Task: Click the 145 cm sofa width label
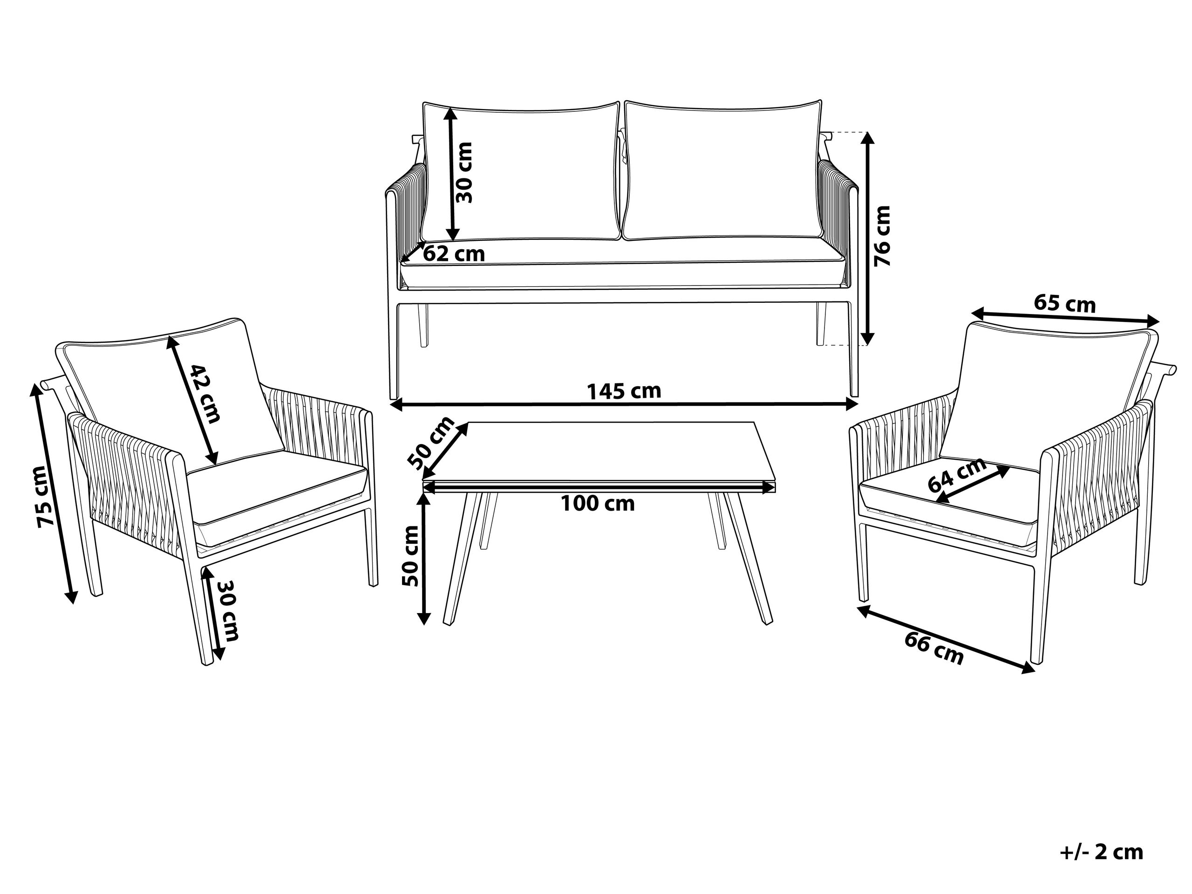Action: (x=624, y=391)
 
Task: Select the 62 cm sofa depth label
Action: (x=454, y=253)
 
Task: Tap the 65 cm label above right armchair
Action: (x=1064, y=304)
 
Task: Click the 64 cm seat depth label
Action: (x=958, y=475)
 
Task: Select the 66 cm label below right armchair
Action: (x=933, y=648)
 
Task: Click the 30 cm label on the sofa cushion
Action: (x=464, y=172)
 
